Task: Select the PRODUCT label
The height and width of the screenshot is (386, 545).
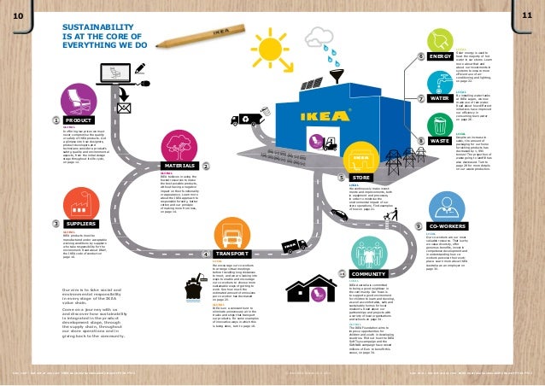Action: pyautogui.click(x=78, y=121)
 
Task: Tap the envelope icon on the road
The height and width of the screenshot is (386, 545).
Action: pyautogui.click(x=123, y=108)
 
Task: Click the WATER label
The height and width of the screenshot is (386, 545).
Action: pyautogui.click(x=440, y=99)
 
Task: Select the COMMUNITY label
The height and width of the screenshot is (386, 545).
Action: pyautogui.click(x=369, y=273)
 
